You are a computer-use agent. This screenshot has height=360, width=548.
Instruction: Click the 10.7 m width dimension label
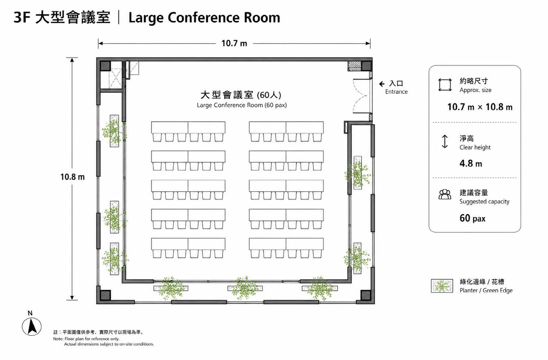coord(234,43)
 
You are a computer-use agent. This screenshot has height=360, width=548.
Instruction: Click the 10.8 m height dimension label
coord(72,177)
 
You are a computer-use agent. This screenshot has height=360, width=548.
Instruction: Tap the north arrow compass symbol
coord(32,326)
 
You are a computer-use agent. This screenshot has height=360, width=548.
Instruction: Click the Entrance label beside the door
coord(396,92)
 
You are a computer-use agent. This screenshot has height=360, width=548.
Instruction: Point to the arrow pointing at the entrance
coord(382,84)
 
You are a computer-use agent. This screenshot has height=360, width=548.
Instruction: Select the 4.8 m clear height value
coord(471,163)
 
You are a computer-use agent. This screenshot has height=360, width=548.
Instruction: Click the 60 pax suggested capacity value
coord(472,218)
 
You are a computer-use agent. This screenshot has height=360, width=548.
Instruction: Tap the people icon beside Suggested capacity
coord(445,194)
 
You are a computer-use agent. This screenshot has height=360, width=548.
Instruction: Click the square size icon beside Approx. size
coord(445,85)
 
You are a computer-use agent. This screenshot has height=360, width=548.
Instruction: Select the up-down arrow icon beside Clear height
coord(445,142)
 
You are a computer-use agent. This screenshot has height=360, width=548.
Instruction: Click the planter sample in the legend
coord(442,286)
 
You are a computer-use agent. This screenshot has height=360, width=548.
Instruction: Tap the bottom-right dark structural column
coord(366,295)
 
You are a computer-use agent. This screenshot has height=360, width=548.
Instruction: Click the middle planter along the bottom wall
coord(245,288)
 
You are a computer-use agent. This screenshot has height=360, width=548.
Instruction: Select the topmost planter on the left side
coord(114,131)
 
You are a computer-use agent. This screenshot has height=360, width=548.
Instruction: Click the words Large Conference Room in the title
coord(204,18)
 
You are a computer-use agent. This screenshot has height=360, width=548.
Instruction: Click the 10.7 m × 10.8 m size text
coord(480,107)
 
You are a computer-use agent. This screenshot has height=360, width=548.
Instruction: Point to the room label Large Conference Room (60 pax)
coord(242,105)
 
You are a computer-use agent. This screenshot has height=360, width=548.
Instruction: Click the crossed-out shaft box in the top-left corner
coord(115,78)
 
